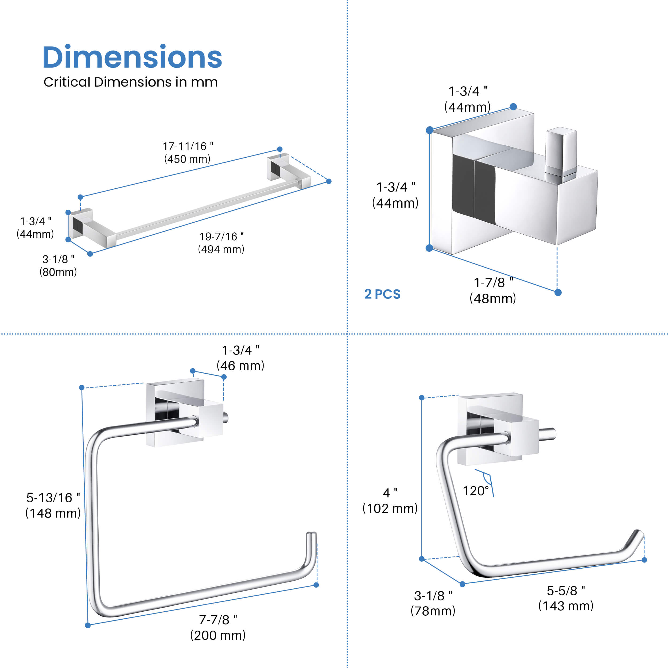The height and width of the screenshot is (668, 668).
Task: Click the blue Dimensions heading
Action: pyautogui.click(x=132, y=57)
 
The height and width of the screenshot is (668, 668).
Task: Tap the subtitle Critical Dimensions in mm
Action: pyautogui.click(x=130, y=82)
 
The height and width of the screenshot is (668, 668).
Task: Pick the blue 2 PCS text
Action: pyautogui.click(x=382, y=294)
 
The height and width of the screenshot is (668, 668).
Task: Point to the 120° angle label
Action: pyautogui.click(x=476, y=491)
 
